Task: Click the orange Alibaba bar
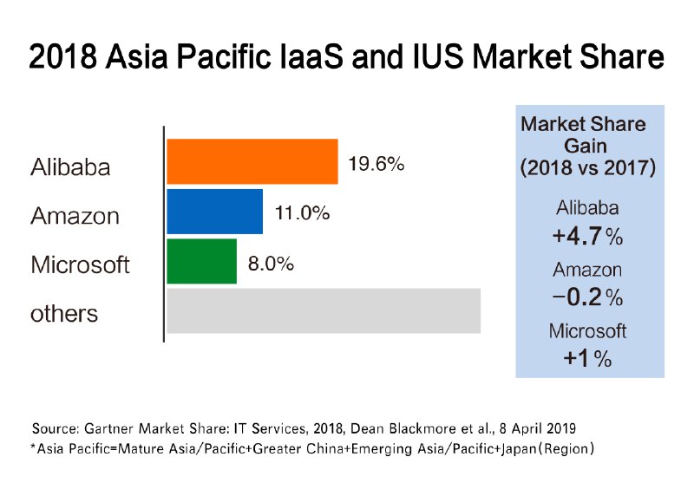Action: (x=252, y=161)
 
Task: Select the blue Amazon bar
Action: (x=214, y=212)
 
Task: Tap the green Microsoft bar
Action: (x=201, y=261)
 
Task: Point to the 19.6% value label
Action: (x=376, y=163)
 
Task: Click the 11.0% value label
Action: (x=301, y=212)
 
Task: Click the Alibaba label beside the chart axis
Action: (x=70, y=166)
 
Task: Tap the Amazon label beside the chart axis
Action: (x=75, y=216)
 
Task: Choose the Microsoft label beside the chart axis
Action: (x=80, y=264)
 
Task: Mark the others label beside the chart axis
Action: (x=64, y=313)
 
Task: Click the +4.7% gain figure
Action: (x=587, y=235)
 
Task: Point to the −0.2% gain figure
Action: (x=587, y=297)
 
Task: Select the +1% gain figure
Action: (x=587, y=358)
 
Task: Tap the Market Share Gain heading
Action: (x=586, y=146)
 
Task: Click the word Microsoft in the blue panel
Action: (x=587, y=330)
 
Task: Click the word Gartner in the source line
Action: (x=113, y=428)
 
